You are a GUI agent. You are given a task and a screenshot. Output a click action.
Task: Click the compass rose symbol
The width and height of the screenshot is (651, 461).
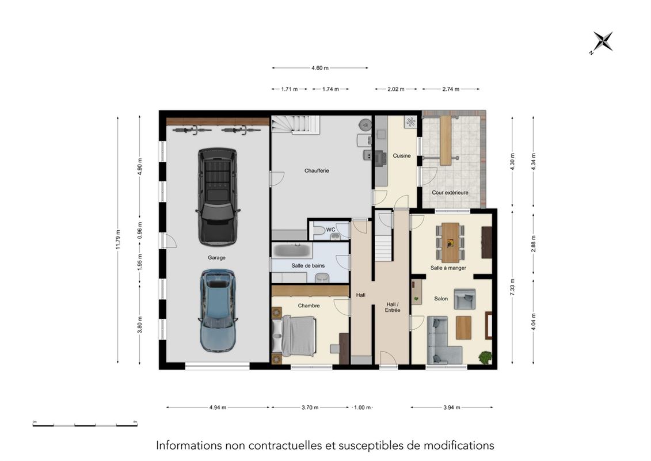(603, 42)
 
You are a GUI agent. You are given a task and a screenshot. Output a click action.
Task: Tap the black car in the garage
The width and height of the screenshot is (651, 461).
(218, 196)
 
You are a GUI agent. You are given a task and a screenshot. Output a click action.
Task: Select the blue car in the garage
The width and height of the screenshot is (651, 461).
(218, 311)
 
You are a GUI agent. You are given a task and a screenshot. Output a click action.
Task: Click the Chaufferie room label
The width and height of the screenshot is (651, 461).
(317, 171)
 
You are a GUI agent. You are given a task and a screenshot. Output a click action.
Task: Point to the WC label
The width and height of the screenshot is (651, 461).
(330, 230)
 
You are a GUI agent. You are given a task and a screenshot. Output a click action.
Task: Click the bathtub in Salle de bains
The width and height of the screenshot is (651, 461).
(291, 250)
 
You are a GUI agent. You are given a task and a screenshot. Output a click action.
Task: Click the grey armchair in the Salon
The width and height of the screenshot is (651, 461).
(465, 299)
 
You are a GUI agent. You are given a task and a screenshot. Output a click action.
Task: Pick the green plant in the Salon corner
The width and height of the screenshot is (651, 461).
(485, 357)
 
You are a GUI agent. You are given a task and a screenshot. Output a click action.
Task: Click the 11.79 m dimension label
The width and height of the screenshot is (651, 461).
(118, 239)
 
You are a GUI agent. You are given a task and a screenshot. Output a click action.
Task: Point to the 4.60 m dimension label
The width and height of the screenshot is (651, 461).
(320, 68)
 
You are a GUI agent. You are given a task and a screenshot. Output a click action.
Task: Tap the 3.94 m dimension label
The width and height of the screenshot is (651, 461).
(451, 407)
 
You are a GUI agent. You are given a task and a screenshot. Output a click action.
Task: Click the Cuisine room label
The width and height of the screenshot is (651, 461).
(401, 156)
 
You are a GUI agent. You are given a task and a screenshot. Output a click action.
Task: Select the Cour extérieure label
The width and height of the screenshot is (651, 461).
(450, 193)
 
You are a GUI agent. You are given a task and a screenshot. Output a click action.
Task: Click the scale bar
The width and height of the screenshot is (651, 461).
(85, 424)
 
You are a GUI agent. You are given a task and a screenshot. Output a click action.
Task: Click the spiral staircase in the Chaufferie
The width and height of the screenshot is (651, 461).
(296, 125)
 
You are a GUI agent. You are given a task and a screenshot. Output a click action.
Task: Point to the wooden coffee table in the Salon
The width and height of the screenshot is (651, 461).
(464, 327)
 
